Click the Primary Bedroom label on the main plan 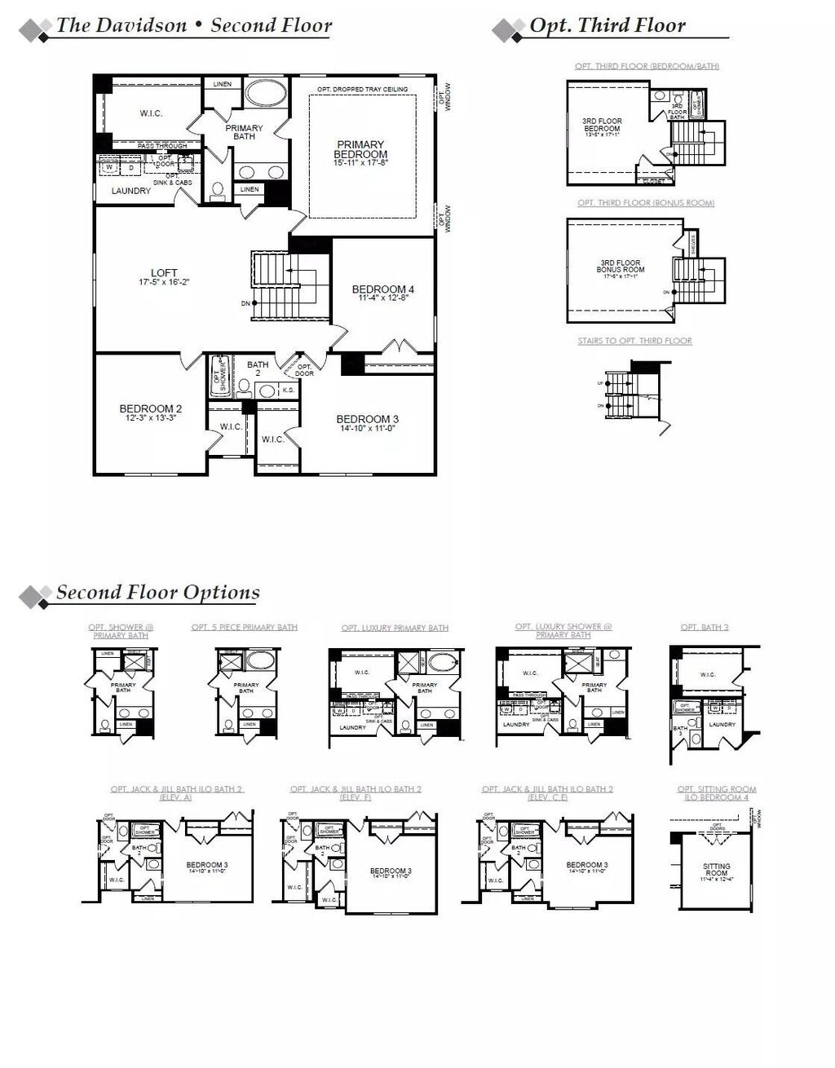(x=360, y=150)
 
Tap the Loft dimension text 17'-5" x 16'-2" (x=164, y=283)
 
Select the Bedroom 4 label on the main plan (x=382, y=289)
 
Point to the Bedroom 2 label (x=150, y=408)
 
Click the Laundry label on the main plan (x=131, y=191)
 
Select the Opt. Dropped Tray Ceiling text (x=362, y=89)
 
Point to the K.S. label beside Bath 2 (x=289, y=391)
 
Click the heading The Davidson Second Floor (x=193, y=25)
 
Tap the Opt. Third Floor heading (x=607, y=25)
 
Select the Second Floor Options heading (x=157, y=593)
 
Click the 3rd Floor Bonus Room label (x=620, y=266)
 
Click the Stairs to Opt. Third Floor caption (x=634, y=341)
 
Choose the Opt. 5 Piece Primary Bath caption (x=244, y=628)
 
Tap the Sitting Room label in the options (x=716, y=869)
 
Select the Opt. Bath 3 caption (x=705, y=627)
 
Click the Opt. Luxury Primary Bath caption (x=395, y=628)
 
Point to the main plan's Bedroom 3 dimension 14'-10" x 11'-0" (x=367, y=428)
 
